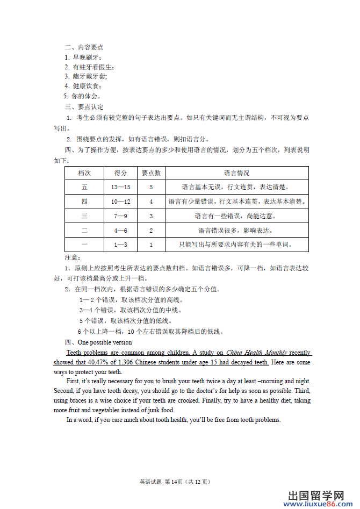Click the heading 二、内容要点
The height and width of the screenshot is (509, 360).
[x=84, y=47]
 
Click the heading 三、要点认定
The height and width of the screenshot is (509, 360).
[x=84, y=107]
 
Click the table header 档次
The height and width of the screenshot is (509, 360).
[x=84, y=173]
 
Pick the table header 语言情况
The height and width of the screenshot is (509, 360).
[x=236, y=173]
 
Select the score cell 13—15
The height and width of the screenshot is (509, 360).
[x=120, y=188]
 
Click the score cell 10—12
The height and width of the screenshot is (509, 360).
[x=120, y=202]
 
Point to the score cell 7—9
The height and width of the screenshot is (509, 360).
[x=120, y=216]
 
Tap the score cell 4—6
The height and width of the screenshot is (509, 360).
[x=120, y=231]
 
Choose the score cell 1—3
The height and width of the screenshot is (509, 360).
[x=120, y=245]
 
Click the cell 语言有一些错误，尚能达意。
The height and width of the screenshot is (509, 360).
[x=236, y=216]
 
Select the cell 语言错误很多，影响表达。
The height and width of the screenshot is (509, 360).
[x=236, y=231]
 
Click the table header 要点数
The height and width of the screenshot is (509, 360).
[x=151, y=173]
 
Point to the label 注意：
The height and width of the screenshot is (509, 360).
[x=72, y=258]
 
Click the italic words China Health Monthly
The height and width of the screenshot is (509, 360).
[x=256, y=353]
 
